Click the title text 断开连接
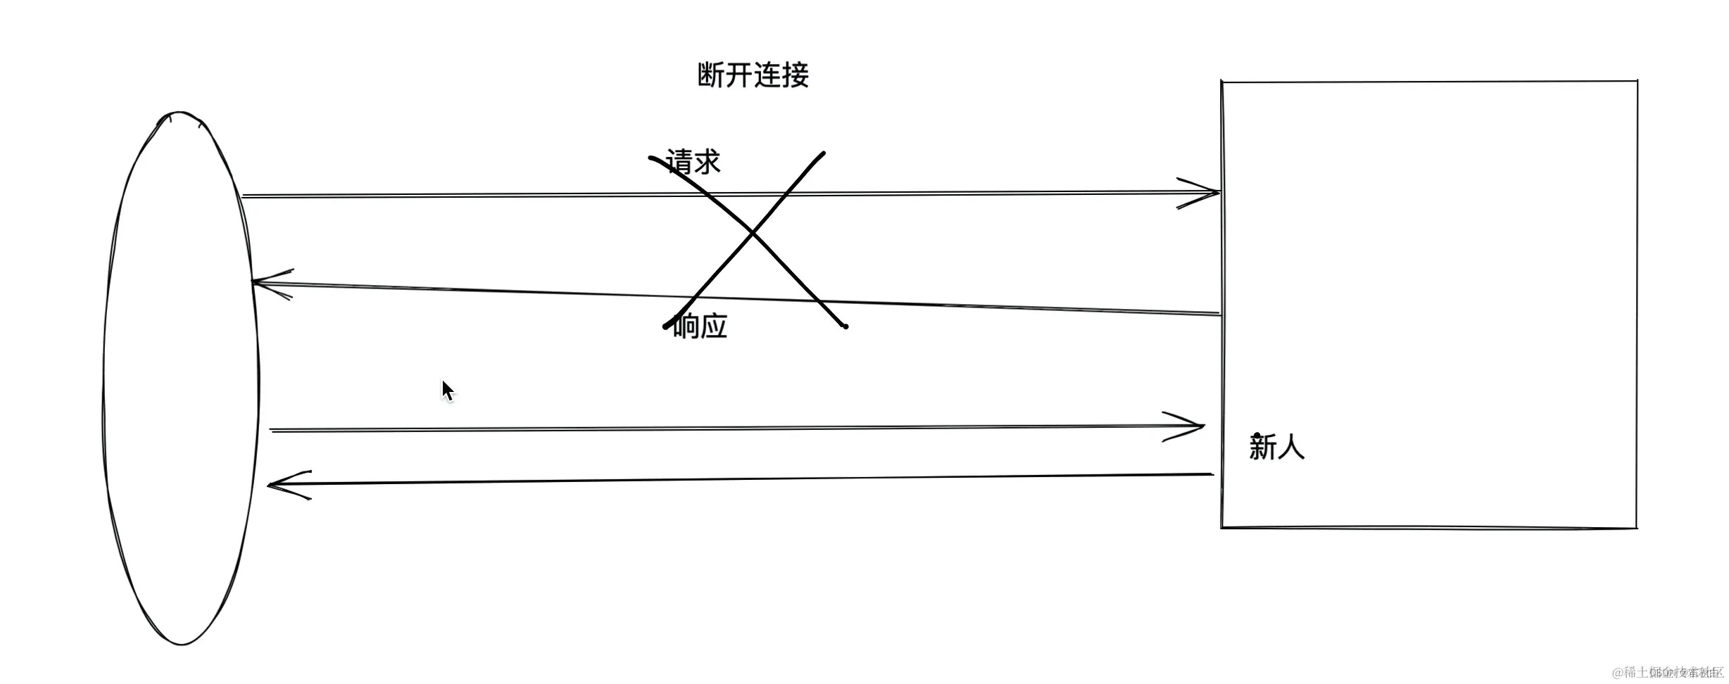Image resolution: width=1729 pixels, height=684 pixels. (753, 75)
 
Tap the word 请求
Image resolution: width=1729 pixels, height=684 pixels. (693, 162)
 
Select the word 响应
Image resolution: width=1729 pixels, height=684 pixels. (700, 327)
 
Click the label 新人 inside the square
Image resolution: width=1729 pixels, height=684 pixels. (1276, 448)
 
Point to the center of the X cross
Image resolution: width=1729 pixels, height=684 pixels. (753, 232)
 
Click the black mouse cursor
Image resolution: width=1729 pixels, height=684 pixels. (448, 391)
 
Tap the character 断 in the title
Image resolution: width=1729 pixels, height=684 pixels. (711, 75)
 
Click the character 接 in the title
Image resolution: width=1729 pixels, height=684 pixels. (796, 75)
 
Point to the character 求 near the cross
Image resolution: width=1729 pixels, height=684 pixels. (707, 162)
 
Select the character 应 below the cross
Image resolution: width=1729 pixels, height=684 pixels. (714, 327)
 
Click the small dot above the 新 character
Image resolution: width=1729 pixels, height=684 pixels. (1257, 436)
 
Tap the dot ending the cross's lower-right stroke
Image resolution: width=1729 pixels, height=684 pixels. (845, 327)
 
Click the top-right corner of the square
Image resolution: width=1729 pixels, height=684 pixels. (1637, 82)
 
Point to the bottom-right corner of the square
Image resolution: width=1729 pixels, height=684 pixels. (1636, 527)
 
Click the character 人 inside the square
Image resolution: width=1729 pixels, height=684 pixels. (1290, 448)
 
